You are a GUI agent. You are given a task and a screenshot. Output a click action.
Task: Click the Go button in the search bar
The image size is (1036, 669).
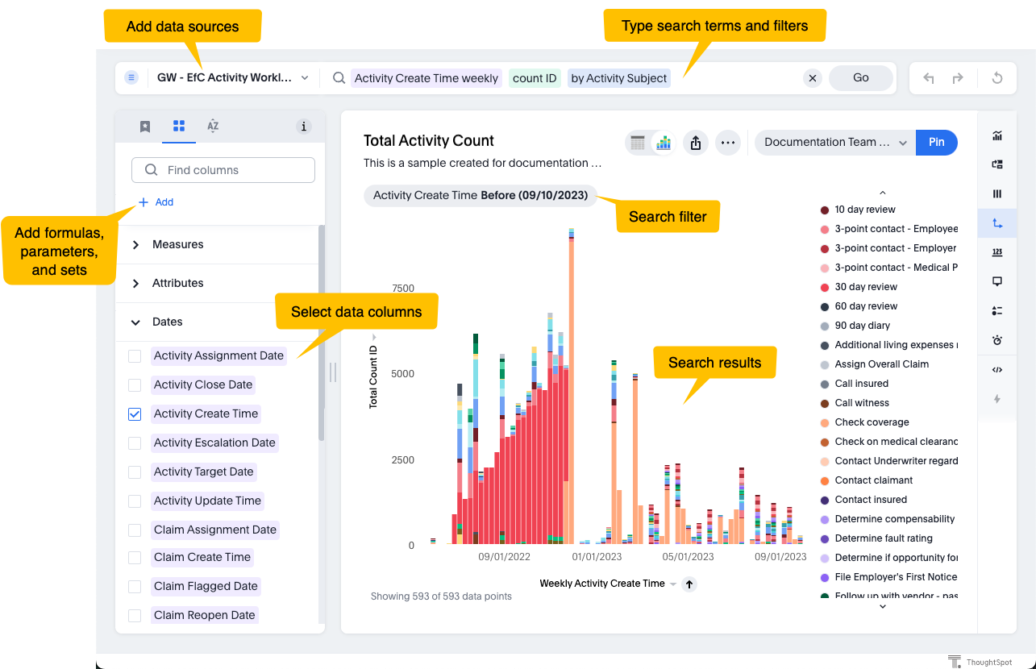[860, 78]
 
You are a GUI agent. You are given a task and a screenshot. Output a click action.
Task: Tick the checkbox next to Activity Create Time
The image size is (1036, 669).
[135, 414]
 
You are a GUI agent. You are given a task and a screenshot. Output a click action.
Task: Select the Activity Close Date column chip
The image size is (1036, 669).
[203, 385]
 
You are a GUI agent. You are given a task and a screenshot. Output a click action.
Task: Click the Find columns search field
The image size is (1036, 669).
[223, 170]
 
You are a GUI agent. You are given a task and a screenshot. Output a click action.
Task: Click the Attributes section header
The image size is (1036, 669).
[177, 283]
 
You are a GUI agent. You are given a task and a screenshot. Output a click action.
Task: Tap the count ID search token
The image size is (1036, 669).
[535, 78]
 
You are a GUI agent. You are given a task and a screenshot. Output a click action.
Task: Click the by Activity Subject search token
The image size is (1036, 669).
[619, 78]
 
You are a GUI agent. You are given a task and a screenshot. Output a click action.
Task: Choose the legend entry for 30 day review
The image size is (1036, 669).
[865, 287]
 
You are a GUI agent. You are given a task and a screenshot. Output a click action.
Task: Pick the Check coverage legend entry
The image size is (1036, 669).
[871, 422]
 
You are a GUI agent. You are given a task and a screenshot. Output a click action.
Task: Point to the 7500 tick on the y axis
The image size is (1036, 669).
[402, 289]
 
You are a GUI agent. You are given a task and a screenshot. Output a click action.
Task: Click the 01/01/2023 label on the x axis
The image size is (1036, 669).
[597, 557]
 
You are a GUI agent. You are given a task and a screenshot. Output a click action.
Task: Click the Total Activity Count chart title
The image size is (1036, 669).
[429, 141]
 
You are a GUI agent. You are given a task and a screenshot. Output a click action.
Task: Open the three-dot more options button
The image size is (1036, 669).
[728, 143]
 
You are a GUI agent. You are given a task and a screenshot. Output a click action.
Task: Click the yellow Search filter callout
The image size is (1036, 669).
[668, 217]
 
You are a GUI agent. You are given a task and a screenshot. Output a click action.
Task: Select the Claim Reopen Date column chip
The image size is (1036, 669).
[204, 615]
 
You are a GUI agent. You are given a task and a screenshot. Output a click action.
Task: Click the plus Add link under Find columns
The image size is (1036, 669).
[156, 202]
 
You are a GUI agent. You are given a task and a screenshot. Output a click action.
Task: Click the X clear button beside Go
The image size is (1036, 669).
[813, 78]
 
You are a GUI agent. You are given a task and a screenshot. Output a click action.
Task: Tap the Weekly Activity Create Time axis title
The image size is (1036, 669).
[602, 584]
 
